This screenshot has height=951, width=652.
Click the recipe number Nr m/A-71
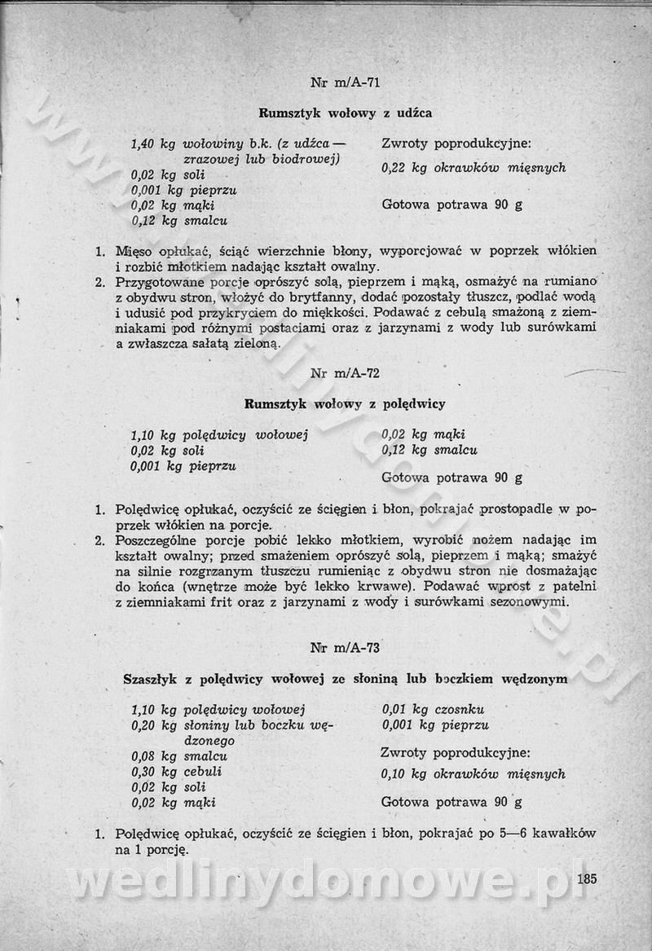346,82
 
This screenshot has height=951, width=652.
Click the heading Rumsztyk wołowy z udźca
345,112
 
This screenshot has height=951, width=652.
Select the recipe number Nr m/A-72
346,373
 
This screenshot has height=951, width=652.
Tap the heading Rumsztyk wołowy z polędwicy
345,403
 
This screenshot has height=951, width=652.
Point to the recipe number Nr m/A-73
346,648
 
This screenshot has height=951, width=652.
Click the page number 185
586,878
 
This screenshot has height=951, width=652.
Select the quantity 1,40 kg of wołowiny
153,143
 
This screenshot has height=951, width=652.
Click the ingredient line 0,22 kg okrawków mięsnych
474,168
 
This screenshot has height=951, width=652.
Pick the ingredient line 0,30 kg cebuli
176,771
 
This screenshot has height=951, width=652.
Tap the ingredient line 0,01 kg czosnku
434,710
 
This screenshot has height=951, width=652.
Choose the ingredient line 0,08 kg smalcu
178,756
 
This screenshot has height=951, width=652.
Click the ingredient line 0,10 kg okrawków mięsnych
474,773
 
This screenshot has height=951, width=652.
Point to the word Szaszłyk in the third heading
150,678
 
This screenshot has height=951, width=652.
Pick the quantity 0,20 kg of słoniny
153,725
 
